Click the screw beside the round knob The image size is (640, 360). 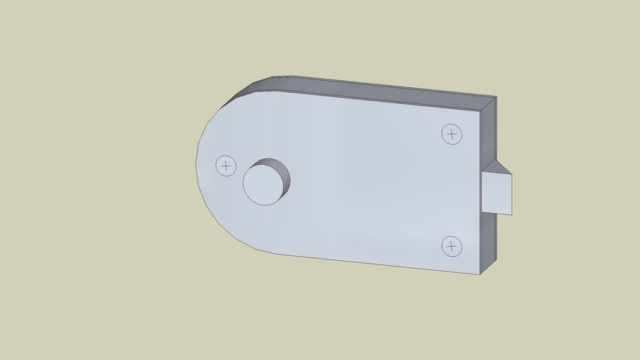click(x=225, y=166)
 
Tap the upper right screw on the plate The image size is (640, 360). click(x=452, y=134)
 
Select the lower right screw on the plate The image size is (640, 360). click(x=452, y=246)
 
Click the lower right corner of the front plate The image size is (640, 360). click(x=480, y=274)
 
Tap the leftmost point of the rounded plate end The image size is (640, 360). click(x=196, y=166)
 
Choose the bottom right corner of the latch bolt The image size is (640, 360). click(x=512, y=214)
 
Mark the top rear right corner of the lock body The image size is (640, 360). click(x=497, y=97)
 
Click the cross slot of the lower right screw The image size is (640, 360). click(x=452, y=246)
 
